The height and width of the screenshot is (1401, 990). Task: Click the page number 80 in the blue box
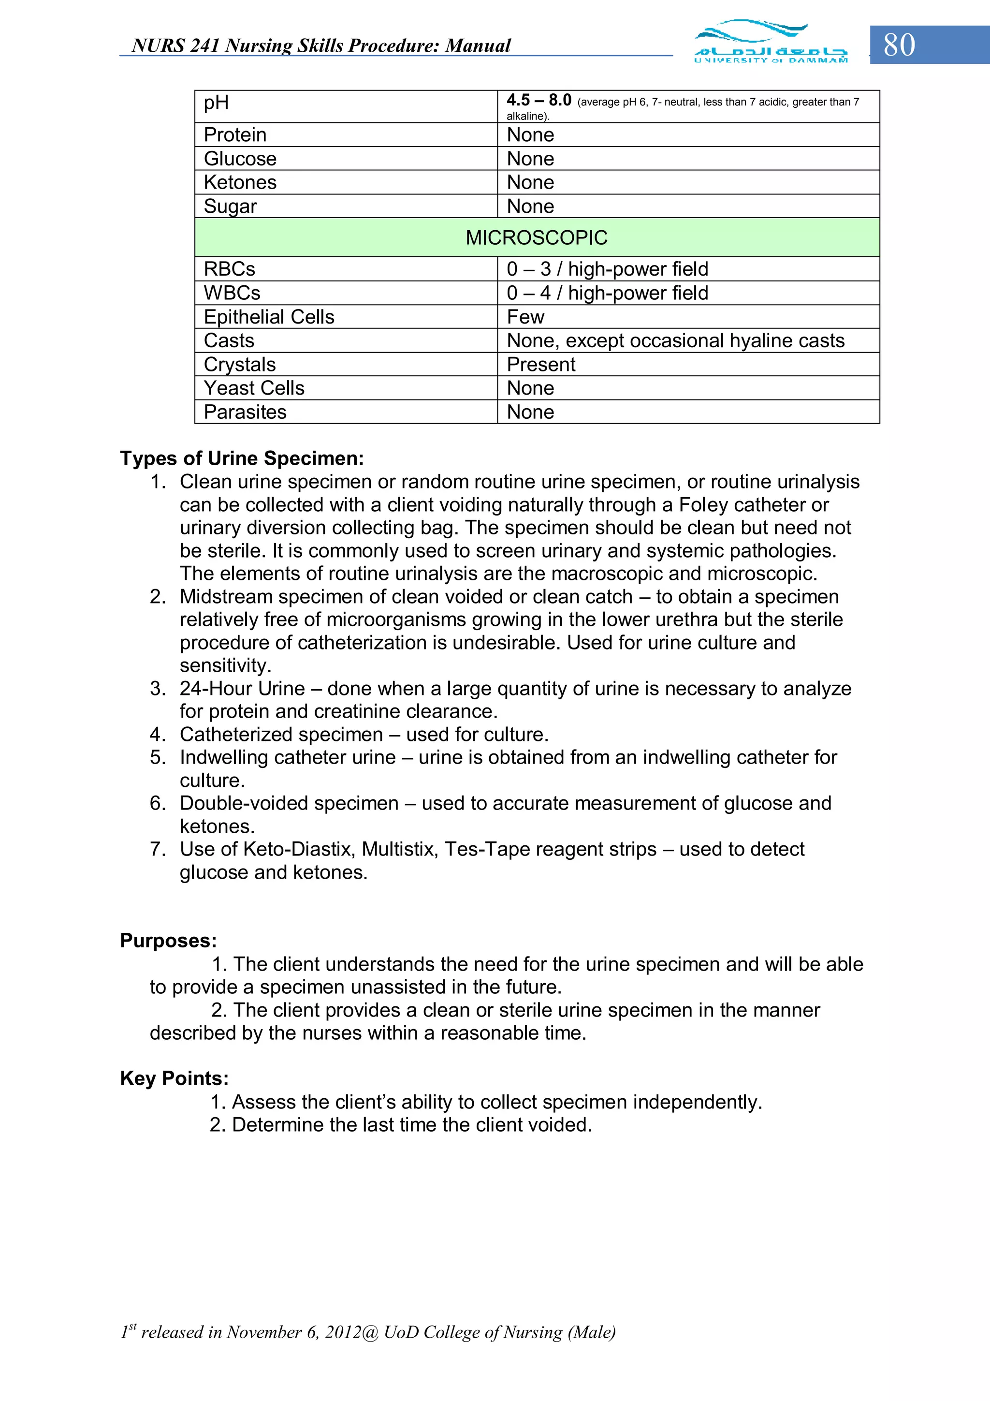click(x=899, y=45)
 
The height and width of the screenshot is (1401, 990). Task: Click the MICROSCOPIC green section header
click(x=536, y=237)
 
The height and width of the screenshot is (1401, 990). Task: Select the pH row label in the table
click(x=216, y=103)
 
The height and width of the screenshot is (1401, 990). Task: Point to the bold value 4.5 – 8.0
click(x=538, y=100)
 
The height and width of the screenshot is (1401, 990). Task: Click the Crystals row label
click(x=239, y=364)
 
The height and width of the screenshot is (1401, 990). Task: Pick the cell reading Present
click(x=540, y=364)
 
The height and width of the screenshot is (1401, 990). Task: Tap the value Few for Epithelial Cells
click(x=525, y=317)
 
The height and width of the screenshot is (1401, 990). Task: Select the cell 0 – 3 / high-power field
click(x=607, y=269)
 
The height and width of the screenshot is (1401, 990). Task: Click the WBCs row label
click(x=232, y=293)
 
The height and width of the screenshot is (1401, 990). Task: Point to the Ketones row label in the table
click(x=240, y=182)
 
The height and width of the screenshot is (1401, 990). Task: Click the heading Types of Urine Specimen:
click(x=242, y=458)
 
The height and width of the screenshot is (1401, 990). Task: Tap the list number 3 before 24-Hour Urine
click(x=158, y=688)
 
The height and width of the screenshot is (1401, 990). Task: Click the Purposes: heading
click(x=168, y=940)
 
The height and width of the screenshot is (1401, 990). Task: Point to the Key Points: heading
click(x=174, y=1078)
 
